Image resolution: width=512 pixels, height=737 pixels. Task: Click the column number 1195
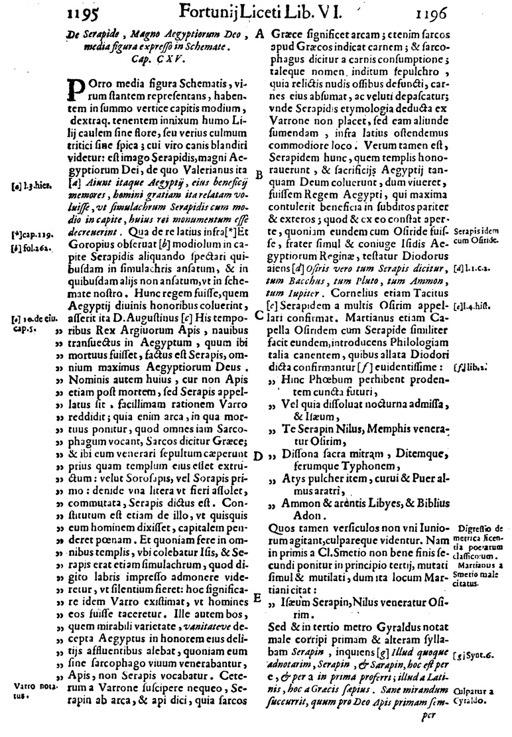(83, 12)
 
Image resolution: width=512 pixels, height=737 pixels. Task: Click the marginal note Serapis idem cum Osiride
(476, 235)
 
